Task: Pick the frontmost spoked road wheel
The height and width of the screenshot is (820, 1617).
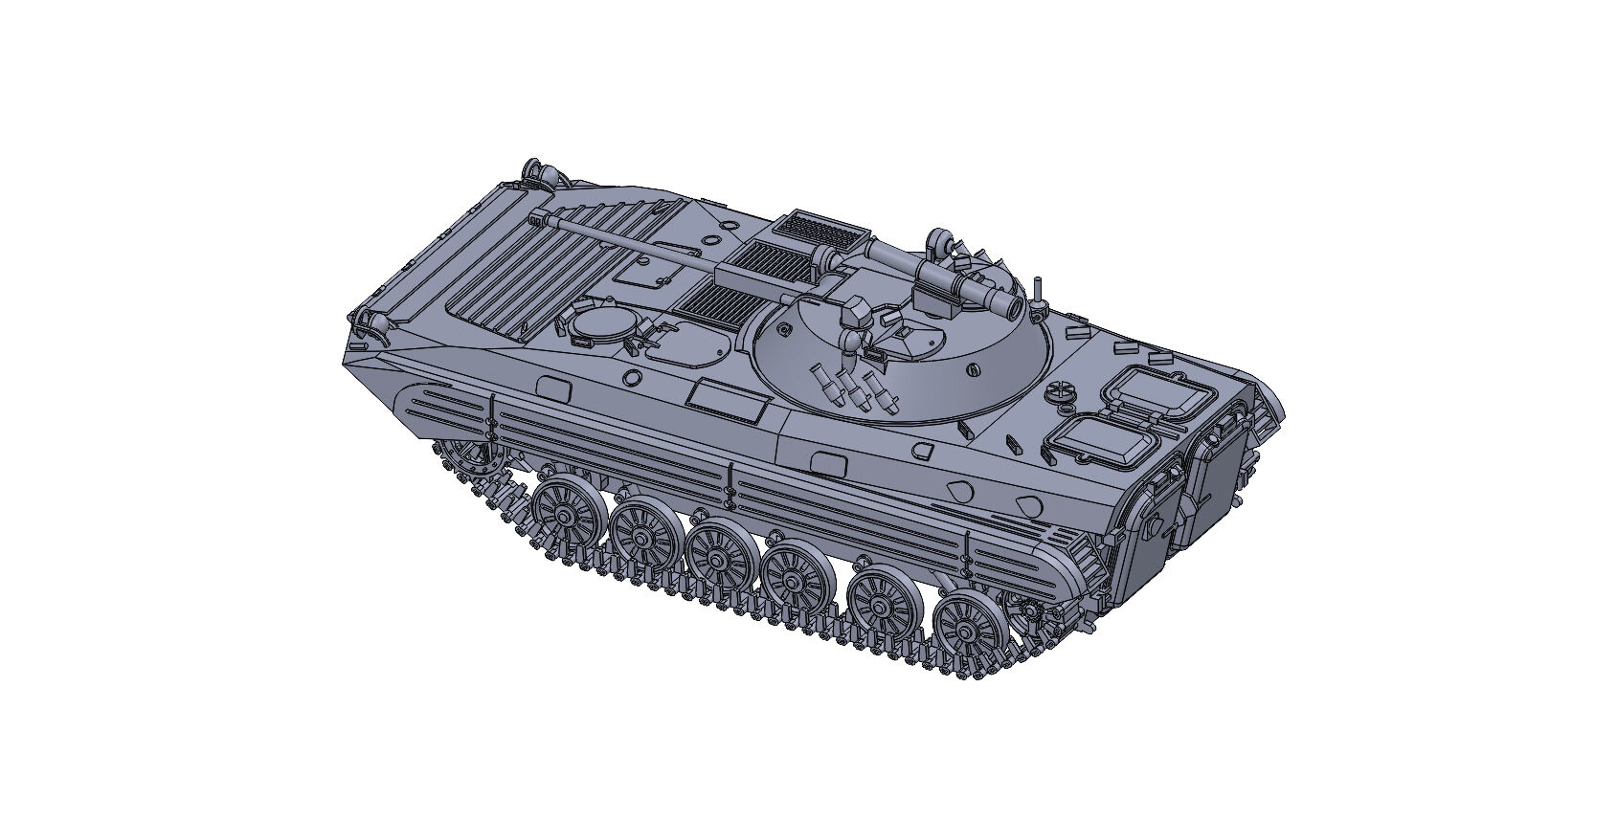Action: tap(560, 516)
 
